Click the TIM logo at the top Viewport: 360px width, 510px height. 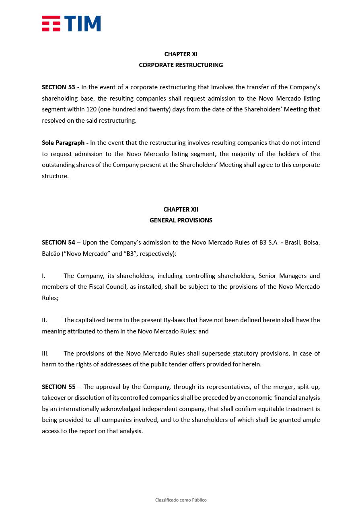[71, 24]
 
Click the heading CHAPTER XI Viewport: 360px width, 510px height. [181, 54]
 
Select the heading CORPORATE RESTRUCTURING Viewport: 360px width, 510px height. [181, 65]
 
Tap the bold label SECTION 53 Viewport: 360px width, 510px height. [58, 87]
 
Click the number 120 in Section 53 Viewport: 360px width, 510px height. [91, 109]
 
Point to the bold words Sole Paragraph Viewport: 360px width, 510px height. [63, 143]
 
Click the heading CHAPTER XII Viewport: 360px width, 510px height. [181, 210]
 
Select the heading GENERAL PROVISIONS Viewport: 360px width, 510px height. [181, 220]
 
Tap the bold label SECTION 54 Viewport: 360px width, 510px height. [58, 243]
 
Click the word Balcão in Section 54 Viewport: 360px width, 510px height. [51, 254]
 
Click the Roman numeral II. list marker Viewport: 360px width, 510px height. [44, 320]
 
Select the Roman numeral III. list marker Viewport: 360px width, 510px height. [45, 354]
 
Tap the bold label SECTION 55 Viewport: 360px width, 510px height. [58, 387]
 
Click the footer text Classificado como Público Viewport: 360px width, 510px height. [181, 500]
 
